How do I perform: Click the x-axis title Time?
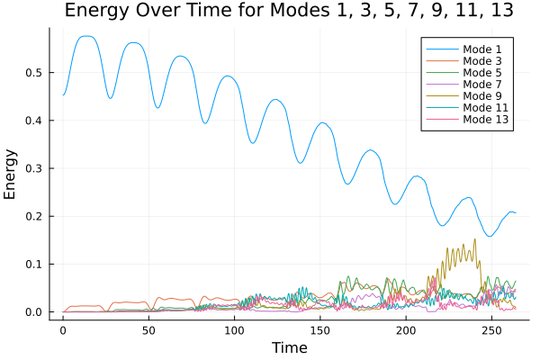pyautogui.click(x=289, y=347)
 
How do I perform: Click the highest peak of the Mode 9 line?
pyautogui.click(x=474, y=239)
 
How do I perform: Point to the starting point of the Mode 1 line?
pyautogui.click(x=63, y=94)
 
